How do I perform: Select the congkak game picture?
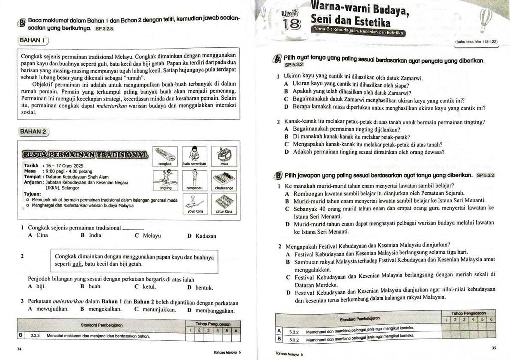point(165,155)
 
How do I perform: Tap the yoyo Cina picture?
point(194,202)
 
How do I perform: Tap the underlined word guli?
point(77,264)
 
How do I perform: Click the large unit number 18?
point(291,24)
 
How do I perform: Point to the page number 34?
point(19,349)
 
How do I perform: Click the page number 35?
point(494,348)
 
